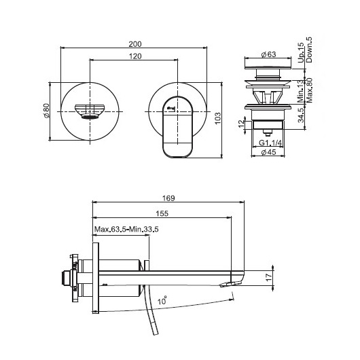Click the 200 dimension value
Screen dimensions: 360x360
pyautogui.click(x=135, y=44)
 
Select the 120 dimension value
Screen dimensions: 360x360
pyautogui.click(x=135, y=56)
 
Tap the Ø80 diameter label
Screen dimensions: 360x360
pyautogui.click(x=47, y=111)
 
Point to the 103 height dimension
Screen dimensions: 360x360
pyautogui.click(x=217, y=118)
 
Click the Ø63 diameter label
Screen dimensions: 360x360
pyautogui.click(x=268, y=54)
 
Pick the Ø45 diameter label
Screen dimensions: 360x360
pyautogui.click(x=268, y=152)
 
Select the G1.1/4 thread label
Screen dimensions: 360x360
pyautogui.click(x=270, y=143)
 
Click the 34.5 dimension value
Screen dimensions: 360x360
pyautogui.click(x=301, y=115)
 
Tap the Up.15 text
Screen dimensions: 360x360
pyautogui.click(x=301, y=52)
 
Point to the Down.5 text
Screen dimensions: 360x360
pyautogui.click(x=309, y=50)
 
